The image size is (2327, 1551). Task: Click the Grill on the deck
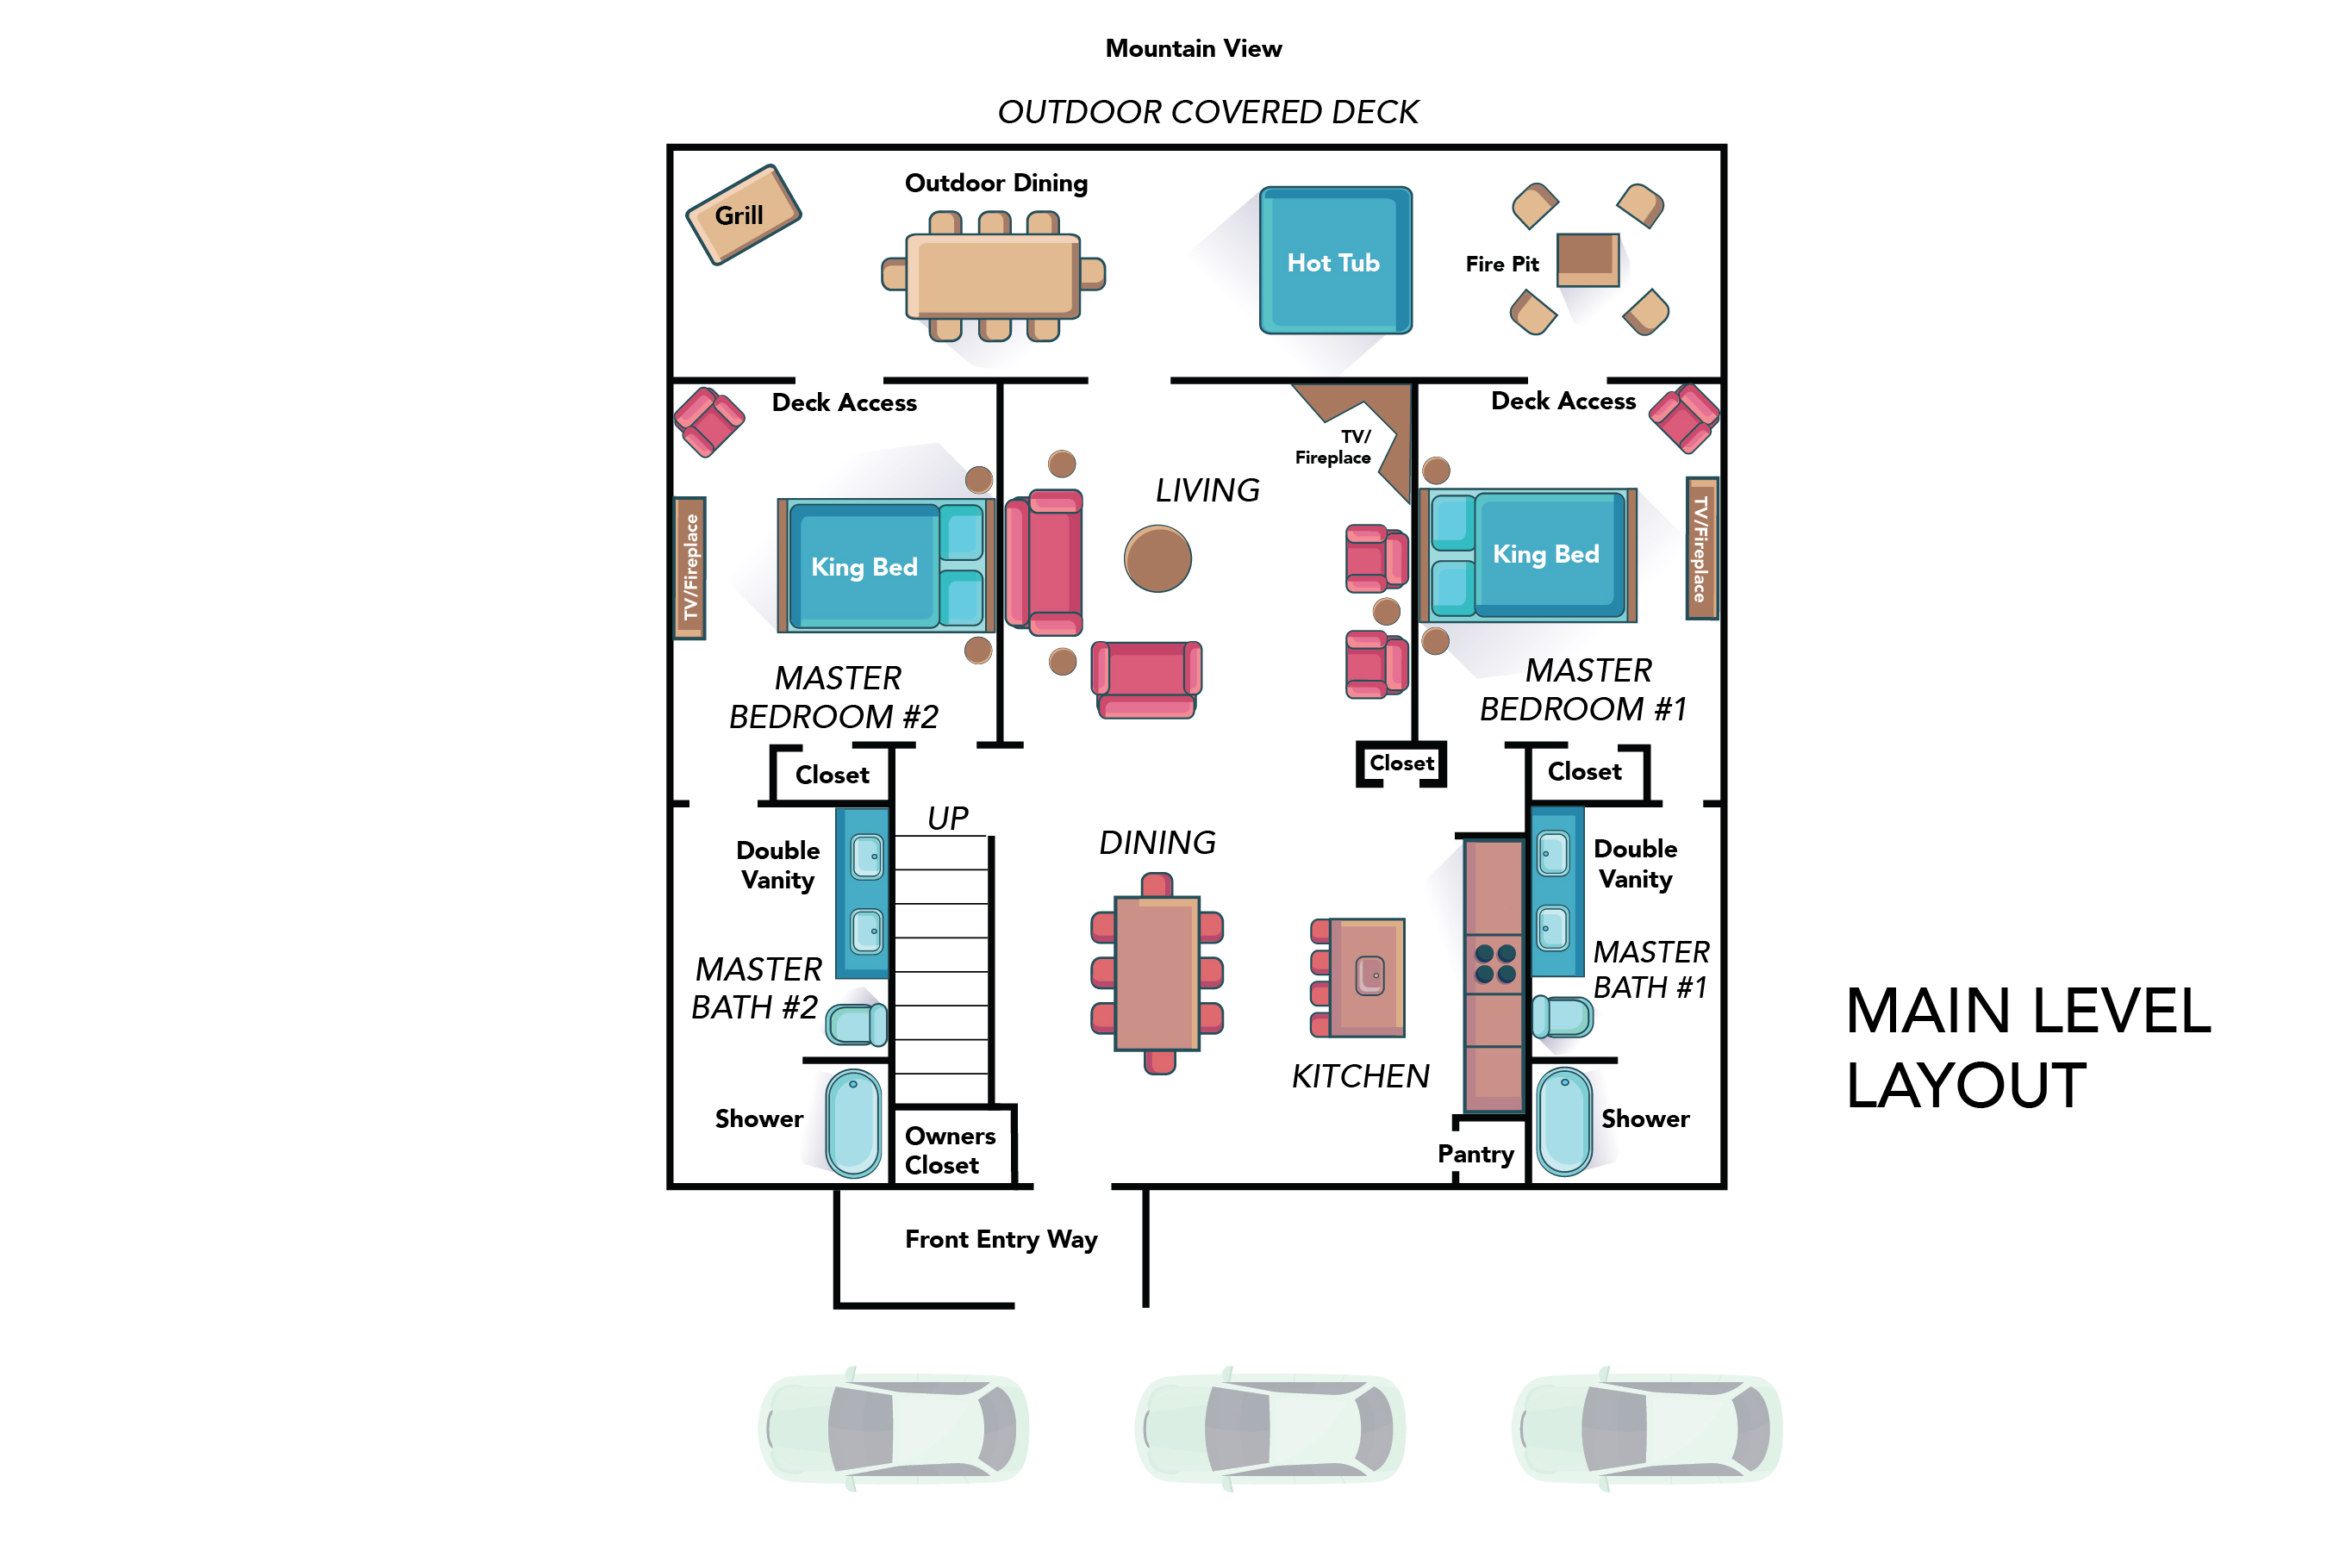[x=742, y=215]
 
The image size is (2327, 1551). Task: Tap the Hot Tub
[x=1335, y=261]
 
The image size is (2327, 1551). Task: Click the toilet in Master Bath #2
[x=857, y=1024]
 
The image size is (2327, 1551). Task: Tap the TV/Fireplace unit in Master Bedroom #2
[x=689, y=568]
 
